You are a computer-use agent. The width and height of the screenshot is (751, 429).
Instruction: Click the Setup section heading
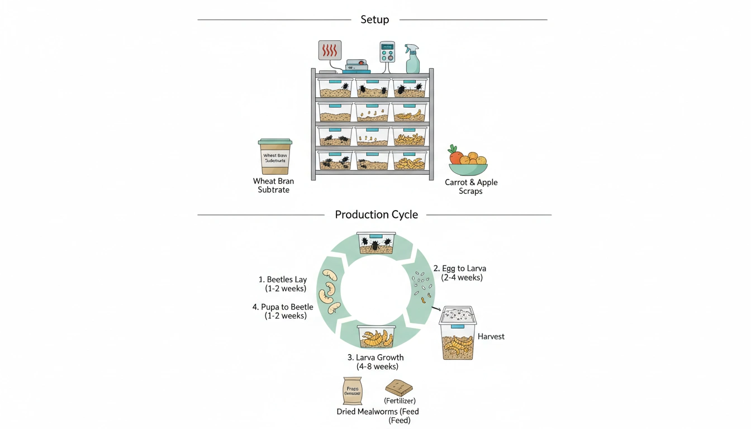pyautogui.click(x=374, y=20)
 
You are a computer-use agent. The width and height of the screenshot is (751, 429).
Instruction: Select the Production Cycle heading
pyautogui.click(x=376, y=214)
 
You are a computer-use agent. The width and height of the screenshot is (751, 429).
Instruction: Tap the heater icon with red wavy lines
pyautogui.click(x=330, y=50)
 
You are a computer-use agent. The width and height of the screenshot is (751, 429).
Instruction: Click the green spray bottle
pyautogui.click(x=412, y=59)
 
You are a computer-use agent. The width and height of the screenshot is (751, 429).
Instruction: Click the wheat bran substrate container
pyautogui.click(x=274, y=157)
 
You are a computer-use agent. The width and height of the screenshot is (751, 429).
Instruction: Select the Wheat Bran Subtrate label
pyautogui.click(x=273, y=185)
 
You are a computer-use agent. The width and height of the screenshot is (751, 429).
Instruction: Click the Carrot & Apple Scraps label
pyautogui.click(x=470, y=187)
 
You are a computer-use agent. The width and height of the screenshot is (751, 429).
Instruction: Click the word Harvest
pyautogui.click(x=491, y=336)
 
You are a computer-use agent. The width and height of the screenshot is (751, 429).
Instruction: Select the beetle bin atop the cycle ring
pyautogui.click(x=376, y=243)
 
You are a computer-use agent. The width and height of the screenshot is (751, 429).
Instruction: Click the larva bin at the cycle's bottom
pyautogui.click(x=376, y=336)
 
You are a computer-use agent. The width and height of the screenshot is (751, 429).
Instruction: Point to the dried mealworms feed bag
pyautogui.click(x=352, y=390)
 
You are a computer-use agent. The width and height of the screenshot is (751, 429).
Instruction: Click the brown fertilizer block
pyautogui.click(x=399, y=388)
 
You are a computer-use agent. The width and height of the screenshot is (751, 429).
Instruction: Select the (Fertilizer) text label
pyautogui.click(x=400, y=401)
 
